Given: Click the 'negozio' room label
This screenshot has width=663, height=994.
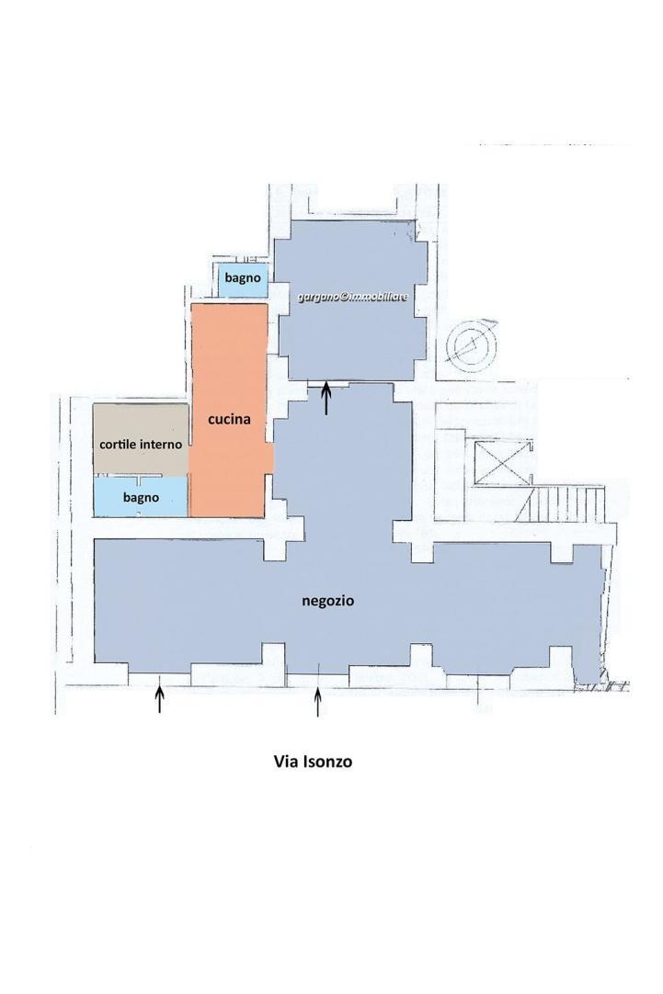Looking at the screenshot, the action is [x=326, y=601].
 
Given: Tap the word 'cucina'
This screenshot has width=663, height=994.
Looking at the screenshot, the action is [x=229, y=419].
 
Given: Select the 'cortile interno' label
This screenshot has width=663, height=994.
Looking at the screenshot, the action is [x=141, y=445].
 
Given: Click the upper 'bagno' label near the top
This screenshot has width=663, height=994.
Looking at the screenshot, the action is [x=243, y=278].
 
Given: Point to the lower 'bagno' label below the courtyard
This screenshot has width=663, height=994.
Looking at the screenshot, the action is [x=141, y=498].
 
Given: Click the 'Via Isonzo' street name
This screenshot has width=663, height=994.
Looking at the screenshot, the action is [x=312, y=761].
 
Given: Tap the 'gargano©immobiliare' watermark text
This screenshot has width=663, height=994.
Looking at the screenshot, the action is [x=353, y=297].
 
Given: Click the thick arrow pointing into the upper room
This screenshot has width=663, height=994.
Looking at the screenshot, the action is [x=326, y=398].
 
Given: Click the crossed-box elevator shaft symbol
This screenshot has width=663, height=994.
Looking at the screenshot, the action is [x=502, y=463].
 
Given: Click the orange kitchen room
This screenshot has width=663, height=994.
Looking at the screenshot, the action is [x=229, y=410].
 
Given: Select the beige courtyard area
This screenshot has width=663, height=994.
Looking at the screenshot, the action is [x=141, y=438].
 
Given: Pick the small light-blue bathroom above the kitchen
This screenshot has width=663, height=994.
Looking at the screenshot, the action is [x=243, y=281].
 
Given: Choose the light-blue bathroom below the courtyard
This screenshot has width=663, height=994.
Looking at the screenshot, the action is [x=141, y=496].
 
